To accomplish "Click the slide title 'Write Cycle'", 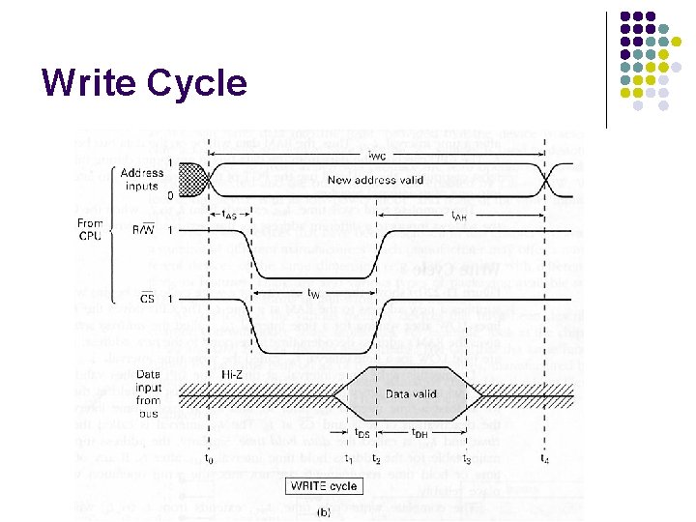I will pyautogui.click(x=144, y=83).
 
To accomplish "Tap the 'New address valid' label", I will pyautogui.click(x=375, y=180).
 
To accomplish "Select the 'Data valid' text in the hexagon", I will pyautogui.click(x=411, y=393).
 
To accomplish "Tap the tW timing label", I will pyautogui.click(x=314, y=292).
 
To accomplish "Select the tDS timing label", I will pyautogui.click(x=362, y=433).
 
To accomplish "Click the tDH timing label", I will pyautogui.click(x=421, y=433).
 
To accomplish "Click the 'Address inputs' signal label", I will pyautogui.click(x=142, y=179).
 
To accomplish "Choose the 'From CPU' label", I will pyautogui.click(x=90, y=229).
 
